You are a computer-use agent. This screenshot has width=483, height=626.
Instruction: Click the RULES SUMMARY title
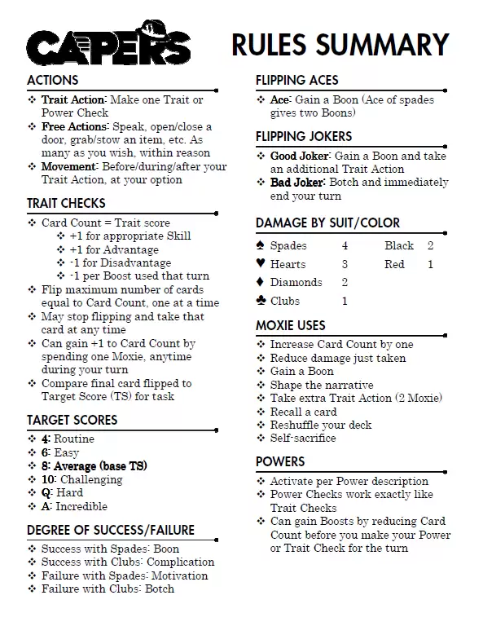point(340,45)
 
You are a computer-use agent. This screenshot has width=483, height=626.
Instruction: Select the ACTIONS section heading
point(53,81)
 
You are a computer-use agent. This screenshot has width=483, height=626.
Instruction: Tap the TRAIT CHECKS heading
point(66,203)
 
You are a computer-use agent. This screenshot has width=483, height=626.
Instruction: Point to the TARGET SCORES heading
point(72,420)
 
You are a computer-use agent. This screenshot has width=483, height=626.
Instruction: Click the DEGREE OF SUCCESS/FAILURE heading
point(111,530)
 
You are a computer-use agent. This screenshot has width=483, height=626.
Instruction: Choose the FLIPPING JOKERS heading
point(304,136)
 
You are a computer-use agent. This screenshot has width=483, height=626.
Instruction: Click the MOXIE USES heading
point(290,325)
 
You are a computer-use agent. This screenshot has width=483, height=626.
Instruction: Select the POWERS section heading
point(280,461)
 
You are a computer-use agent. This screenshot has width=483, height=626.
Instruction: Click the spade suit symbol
point(261,245)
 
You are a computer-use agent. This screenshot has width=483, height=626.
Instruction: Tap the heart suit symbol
point(261,263)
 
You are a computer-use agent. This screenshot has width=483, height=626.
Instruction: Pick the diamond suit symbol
point(261,282)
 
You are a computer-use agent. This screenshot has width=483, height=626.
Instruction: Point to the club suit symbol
point(261,301)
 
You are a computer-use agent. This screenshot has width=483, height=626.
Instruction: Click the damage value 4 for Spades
point(345,245)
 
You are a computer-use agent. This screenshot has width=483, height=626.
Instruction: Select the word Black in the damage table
point(399,245)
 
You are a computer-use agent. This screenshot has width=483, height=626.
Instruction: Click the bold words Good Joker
point(300,156)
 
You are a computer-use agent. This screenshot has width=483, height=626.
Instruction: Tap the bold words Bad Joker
point(297,183)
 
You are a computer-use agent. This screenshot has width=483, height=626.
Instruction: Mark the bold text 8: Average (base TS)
point(94,466)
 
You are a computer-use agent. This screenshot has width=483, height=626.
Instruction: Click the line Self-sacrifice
point(303,438)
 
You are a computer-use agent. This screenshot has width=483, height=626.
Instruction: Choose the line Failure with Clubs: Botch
point(108,589)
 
